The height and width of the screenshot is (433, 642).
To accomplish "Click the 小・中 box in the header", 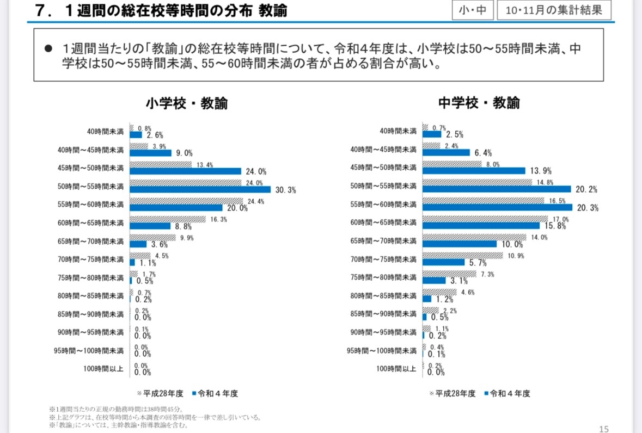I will (472, 10).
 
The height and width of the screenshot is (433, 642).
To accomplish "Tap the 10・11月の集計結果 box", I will (553, 10).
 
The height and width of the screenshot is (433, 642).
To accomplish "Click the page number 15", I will (603, 429).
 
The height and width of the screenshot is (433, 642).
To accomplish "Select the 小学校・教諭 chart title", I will (186, 103).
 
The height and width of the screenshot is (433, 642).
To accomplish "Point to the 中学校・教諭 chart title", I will (479, 103).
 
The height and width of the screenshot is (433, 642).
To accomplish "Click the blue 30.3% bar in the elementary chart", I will (200, 190).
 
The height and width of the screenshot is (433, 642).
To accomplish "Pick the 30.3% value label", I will (285, 190).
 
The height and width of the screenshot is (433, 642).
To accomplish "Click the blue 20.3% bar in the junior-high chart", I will (498, 207).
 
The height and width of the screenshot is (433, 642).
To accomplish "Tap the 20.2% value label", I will (586, 190).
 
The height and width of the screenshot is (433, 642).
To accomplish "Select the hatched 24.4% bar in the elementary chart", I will (186, 201).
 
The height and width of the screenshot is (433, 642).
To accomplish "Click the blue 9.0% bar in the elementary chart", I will (150, 153).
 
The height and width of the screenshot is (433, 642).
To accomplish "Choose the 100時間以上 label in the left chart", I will (103, 369).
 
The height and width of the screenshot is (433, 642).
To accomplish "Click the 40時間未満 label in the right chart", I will (398, 132).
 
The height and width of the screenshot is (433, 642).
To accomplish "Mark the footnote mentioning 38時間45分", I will (117, 409).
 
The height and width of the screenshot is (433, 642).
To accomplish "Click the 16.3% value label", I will (218, 219).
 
